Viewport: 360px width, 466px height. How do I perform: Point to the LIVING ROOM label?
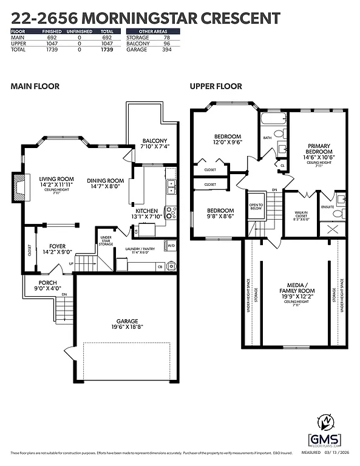coord(56,178)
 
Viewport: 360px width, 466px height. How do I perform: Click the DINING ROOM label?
coord(105,180)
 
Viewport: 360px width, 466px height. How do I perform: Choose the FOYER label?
coord(58,246)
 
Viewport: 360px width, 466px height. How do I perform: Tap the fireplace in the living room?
coord(18,186)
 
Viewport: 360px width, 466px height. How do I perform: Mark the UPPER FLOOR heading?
coord(216,86)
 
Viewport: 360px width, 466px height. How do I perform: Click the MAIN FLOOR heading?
coord(35,86)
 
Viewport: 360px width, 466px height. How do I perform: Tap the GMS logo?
coord(325,432)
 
